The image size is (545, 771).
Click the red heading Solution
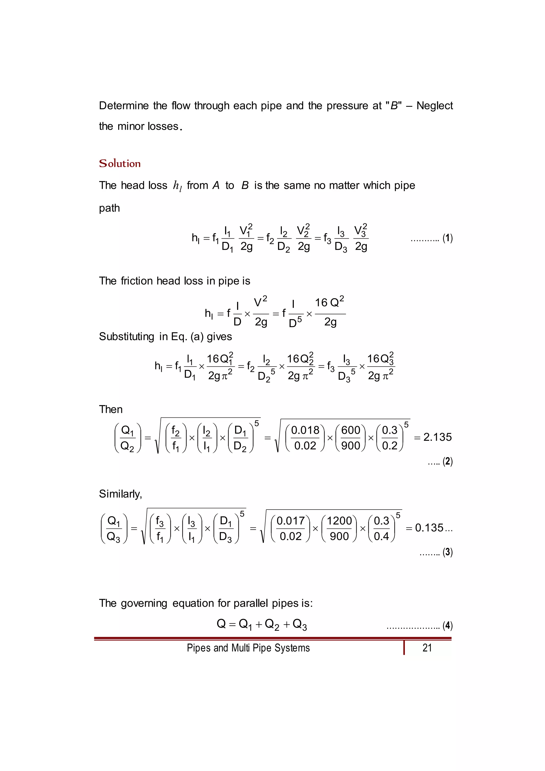click(x=119, y=163)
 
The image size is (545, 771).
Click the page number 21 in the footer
click(x=427, y=647)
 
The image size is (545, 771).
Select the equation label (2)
click(x=447, y=461)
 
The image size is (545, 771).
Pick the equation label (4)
click(x=447, y=625)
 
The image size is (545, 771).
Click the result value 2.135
click(x=437, y=437)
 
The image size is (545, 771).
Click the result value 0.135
click(x=429, y=528)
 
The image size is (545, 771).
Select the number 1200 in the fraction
click(x=339, y=520)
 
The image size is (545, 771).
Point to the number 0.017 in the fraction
click(x=290, y=520)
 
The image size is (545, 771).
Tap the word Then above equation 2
click(x=110, y=409)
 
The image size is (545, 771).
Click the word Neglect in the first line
click(x=435, y=106)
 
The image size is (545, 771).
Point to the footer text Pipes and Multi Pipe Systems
click(x=248, y=647)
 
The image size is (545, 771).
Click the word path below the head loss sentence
click(x=109, y=208)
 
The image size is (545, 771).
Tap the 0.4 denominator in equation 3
click(x=381, y=536)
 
